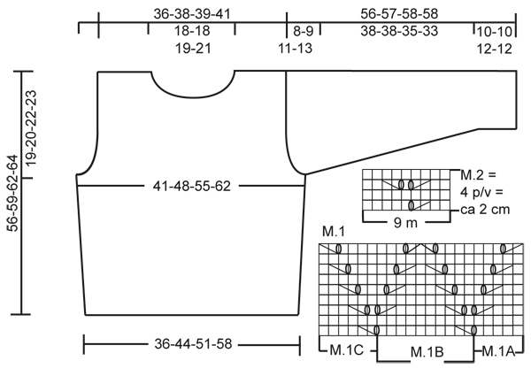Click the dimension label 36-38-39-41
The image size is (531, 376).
pos(192,14)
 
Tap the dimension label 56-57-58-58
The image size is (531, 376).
pos(399,14)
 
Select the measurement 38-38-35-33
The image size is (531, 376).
pos(399,31)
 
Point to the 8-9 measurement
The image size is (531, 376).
pos(304,31)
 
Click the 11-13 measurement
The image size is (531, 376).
pos(296,48)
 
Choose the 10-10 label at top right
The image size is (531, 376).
pos(495,32)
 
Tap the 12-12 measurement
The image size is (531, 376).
pos(495,49)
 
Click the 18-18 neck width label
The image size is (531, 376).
pos(192,31)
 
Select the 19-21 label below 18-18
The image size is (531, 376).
pos(193,48)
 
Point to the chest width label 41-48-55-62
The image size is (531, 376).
pos(192,186)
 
